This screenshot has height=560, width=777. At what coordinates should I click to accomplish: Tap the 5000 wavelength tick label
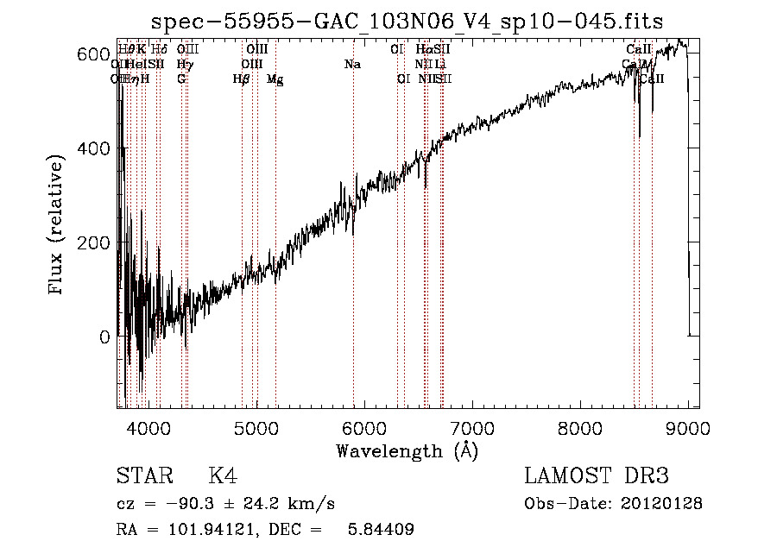click(256, 427)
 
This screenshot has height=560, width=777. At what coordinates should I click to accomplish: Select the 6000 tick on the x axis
click(363, 427)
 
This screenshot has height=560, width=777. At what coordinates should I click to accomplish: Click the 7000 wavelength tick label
click(471, 427)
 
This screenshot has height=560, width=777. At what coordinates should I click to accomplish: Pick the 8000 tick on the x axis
click(579, 427)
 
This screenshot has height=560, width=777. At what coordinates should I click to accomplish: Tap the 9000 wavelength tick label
click(687, 427)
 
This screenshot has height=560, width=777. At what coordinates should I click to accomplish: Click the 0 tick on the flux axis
click(104, 337)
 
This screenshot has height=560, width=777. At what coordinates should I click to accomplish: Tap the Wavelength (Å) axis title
click(407, 450)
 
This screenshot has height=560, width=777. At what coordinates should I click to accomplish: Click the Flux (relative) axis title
click(57, 225)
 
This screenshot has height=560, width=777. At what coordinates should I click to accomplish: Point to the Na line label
click(352, 65)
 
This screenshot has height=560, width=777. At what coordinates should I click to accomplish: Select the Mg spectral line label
click(275, 79)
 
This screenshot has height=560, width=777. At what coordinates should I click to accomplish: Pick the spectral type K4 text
click(222, 476)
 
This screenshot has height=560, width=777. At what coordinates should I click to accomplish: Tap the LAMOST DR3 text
click(596, 476)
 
